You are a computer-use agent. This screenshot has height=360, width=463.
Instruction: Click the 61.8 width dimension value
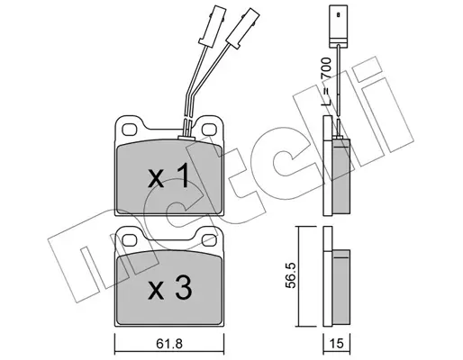point(169,343)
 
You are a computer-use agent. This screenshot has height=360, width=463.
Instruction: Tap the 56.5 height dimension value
point(291,275)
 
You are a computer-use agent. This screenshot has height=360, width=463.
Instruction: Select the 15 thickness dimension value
point(336,343)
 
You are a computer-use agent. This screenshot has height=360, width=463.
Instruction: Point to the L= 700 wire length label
point(326,82)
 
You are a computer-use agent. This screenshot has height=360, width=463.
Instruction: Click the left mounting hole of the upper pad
point(130,130)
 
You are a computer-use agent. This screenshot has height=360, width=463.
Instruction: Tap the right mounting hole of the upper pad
point(208,130)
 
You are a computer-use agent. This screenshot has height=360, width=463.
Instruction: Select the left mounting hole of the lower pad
point(130,240)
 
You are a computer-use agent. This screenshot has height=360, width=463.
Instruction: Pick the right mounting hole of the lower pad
point(209,240)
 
